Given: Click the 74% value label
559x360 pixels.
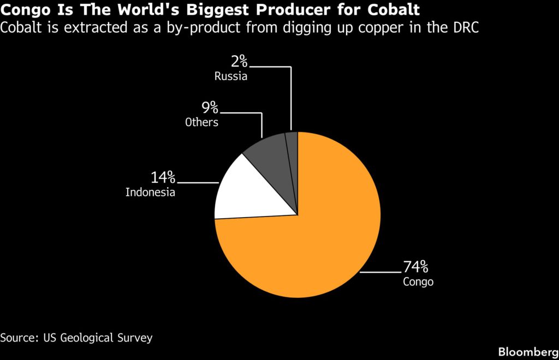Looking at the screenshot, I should (x=415, y=267).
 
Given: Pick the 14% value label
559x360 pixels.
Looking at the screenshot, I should (x=163, y=177).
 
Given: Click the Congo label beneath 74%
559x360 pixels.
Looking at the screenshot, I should (x=418, y=282).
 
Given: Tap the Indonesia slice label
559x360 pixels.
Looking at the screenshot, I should (x=150, y=193).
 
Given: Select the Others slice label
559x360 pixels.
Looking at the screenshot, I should (x=201, y=122).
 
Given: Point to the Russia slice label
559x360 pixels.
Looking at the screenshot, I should (x=230, y=76).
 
